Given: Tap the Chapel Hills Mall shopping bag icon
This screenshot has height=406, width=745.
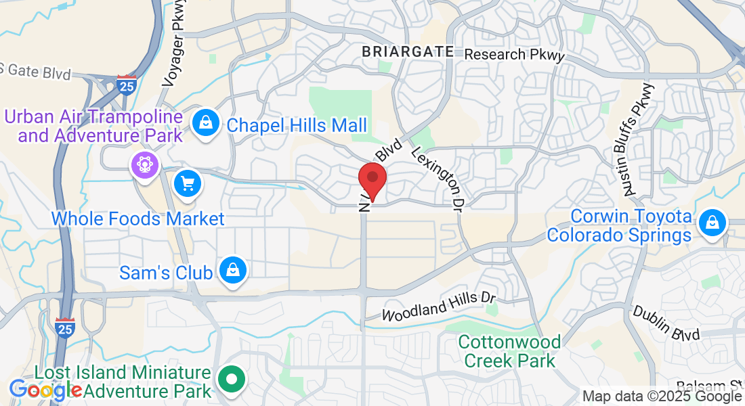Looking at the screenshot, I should coord(204,123).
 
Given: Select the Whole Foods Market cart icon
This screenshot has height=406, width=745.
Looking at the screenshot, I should coord(188,183).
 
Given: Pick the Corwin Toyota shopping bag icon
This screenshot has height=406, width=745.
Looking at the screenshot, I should coord(712,223).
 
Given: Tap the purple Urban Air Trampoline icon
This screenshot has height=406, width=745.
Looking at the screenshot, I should coord(144,164).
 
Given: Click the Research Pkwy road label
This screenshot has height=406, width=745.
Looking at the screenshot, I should coord(515,55).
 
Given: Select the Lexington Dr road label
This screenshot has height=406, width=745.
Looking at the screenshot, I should coord(439,177).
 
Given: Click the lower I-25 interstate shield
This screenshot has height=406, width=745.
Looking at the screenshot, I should coord(65,328).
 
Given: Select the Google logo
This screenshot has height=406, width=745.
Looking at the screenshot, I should coord(45,390).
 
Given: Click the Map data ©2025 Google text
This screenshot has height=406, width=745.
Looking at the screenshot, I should coord(662,397).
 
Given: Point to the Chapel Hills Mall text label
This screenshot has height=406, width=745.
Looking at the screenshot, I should coord(297,125).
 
